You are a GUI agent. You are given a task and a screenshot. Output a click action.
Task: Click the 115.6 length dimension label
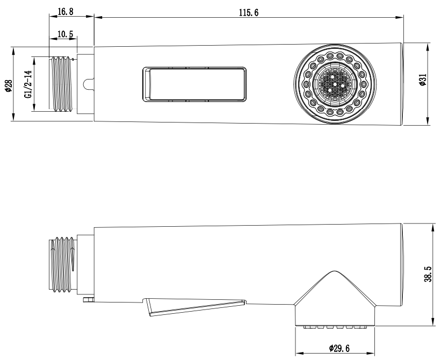tap(249, 13)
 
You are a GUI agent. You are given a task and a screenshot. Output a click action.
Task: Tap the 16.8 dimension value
tap(66, 11)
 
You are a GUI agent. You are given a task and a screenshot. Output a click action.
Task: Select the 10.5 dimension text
tap(65, 34)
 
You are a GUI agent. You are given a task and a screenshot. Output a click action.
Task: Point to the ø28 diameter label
tap(9, 85)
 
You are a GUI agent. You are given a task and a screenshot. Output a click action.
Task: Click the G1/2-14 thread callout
tap(28, 84)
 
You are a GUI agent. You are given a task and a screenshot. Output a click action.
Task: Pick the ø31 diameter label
tap(423, 80)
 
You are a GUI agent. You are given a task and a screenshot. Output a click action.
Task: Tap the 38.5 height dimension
tap(428, 274)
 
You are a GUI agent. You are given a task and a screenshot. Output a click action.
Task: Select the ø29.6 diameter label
tap(339, 349)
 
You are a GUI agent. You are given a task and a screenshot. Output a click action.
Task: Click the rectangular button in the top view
tap(194, 84)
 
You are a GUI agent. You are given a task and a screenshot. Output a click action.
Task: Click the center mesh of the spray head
tap(335, 84)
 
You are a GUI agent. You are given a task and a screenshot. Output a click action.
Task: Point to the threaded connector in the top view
tap(62, 84)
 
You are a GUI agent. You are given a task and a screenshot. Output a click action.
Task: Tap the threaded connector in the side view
tap(62, 264)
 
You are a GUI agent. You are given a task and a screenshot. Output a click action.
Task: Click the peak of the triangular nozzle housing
tap(334, 271)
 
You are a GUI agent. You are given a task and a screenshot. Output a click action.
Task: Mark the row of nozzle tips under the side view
tap(335, 327)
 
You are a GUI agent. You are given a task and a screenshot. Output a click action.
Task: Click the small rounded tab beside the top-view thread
tap(88, 84)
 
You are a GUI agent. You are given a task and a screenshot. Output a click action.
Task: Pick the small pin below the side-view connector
tap(88, 299)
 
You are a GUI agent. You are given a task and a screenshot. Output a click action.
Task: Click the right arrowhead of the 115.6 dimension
tap(400, 17)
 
